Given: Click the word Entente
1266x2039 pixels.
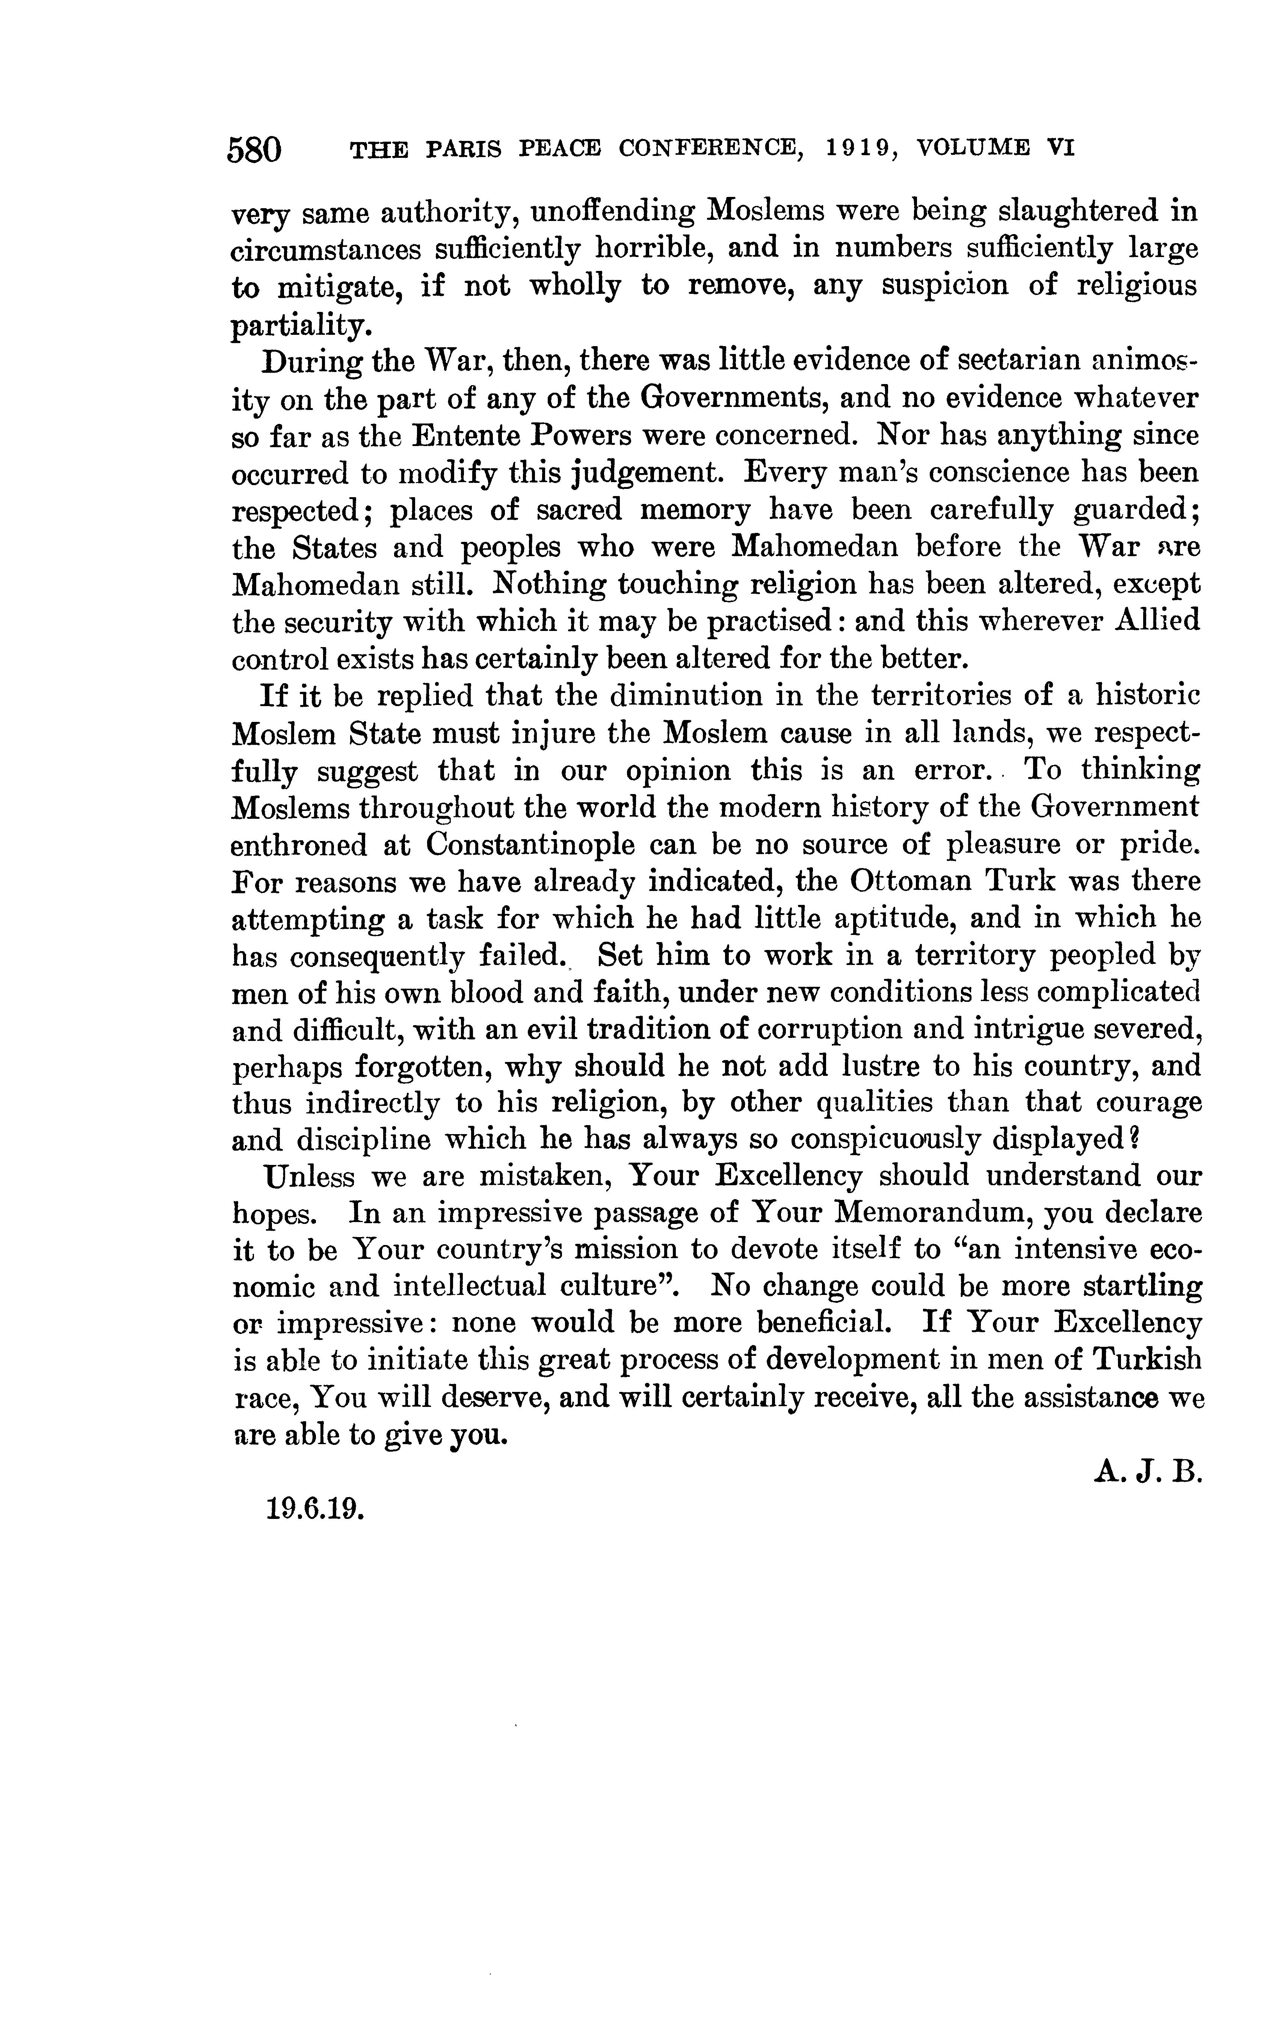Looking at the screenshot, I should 463,436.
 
